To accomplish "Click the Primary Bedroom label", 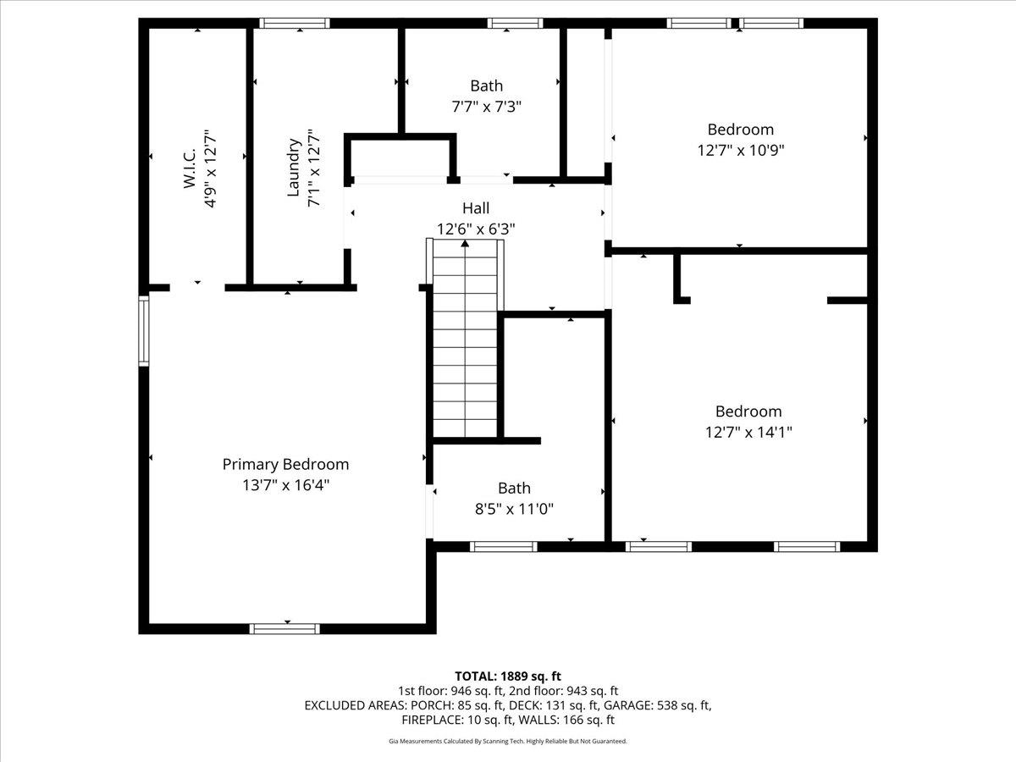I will click(x=285, y=464).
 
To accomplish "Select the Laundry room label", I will click(x=294, y=168).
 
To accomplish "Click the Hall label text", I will click(x=475, y=208).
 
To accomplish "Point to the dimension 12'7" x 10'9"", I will click(x=741, y=150).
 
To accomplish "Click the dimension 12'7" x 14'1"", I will click(x=748, y=432).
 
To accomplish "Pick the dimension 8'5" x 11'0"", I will click(x=514, y=508).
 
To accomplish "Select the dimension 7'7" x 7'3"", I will click(x=486, y=107).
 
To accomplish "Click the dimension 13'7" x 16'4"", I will click(x=285, y=485).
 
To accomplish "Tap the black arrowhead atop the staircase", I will click(x=465, y=244).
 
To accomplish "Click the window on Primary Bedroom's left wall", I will click(x=144, y=330).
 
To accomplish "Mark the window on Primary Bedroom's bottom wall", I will click(x=284, y=628).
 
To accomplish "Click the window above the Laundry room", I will click(x=294, y=24).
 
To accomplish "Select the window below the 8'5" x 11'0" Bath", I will click(x=504, y=547).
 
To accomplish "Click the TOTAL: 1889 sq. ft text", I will click(x=508, y=676).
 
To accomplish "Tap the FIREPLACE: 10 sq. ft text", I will click(x=455, y=720).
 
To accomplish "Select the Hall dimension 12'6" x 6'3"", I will click(x=475, y=229).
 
